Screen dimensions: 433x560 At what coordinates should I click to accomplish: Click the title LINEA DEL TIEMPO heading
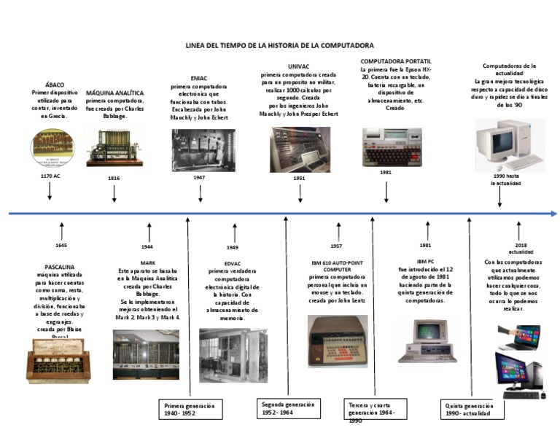coord(280,45)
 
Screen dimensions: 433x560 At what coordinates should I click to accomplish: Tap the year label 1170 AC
coord(50,176)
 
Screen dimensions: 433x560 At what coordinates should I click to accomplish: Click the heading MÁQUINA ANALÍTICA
coord(114,93)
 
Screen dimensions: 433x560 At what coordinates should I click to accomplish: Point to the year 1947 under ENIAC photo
coord(199,177)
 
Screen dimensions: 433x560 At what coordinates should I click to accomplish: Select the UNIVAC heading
coord(299,66)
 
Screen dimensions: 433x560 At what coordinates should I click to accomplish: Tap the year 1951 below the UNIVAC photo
coord(299,178)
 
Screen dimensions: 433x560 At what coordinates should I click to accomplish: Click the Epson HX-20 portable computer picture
coord(386,147)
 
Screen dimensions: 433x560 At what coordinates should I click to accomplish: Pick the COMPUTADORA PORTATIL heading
coord(396,61)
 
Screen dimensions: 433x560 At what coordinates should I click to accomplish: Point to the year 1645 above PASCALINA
coord(61,246)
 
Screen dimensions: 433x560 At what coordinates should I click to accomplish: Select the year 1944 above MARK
coord(147,247)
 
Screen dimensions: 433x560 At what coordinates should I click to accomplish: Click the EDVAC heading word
coord(233,263)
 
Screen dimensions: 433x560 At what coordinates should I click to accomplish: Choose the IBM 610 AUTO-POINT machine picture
coord(337,340)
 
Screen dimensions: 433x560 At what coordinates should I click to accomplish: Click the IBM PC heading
coord(425,260)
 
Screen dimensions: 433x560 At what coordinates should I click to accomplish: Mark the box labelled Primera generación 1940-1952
coord(188,409)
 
